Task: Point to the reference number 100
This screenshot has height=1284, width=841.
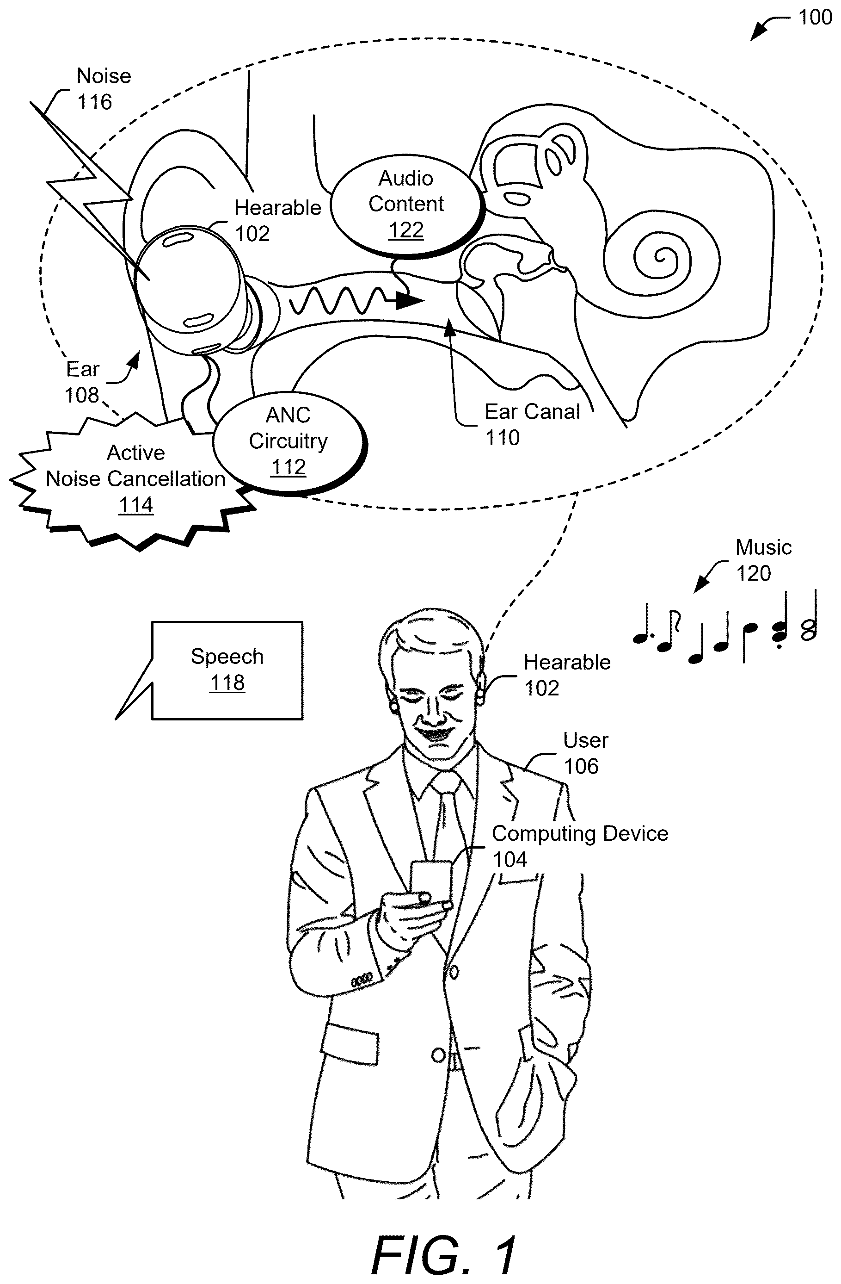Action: tap(815, 17)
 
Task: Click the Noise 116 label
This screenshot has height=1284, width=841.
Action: tap(104, 88)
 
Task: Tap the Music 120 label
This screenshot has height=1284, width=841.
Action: tap(763, 560)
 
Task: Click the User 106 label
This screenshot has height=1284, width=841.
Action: tap(585, 753)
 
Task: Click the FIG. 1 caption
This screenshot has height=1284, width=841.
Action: tap(444, 1255)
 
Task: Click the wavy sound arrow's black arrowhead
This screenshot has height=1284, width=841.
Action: tap(410, 300)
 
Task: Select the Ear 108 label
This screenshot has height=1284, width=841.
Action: tap(82, 382)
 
